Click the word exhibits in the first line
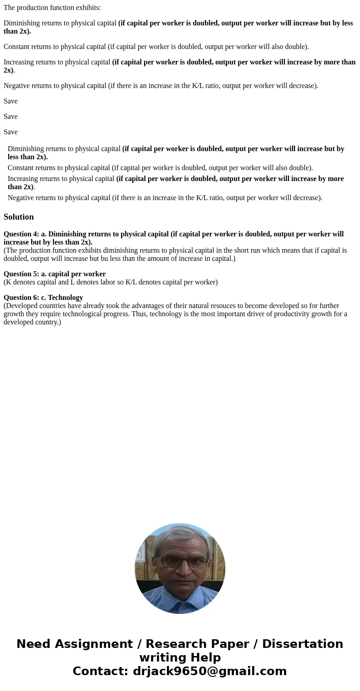pos(88,8)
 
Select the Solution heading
pos(19,217)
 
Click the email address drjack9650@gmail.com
pos(209,671)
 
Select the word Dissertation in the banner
pos(302,644)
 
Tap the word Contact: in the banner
pos(101,671)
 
